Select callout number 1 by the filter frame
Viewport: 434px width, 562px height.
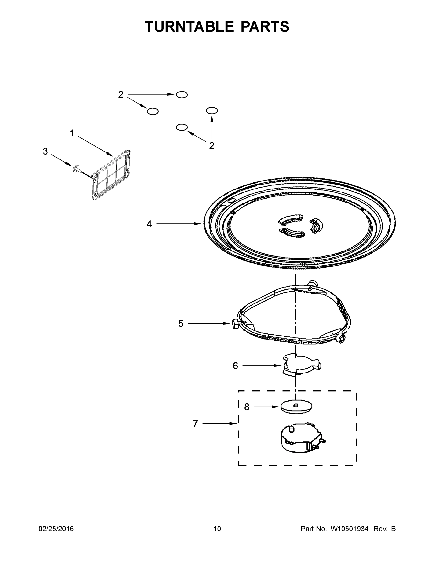(72, 133)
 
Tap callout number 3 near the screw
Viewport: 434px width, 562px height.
(45, 151)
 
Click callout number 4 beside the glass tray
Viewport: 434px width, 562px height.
(149, 224)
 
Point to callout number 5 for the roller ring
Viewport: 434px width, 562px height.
(181, 324)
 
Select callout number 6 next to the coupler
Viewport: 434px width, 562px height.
(235, 366)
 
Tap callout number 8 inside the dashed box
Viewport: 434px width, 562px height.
(247, 407)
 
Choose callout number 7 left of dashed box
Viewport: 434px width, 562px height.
(195, 424)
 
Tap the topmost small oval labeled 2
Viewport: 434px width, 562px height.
(182, 95)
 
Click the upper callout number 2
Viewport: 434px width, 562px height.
(121, 95)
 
